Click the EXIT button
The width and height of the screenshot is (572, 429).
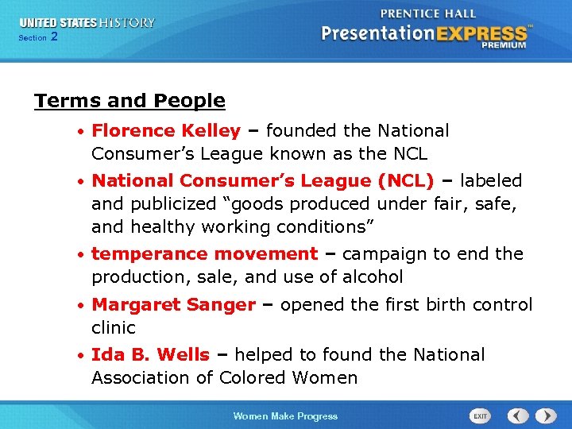[481, 415]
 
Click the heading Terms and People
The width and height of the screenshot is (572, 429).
[129, 101]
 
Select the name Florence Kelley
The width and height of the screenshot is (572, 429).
[166, 130]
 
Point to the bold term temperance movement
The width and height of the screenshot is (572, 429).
[204, 254]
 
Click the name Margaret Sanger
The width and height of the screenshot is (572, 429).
[173, 305]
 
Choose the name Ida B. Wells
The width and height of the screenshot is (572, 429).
[150, 355]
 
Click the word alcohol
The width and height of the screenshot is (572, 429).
[373, 277]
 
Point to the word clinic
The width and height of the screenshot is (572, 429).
[114, 327]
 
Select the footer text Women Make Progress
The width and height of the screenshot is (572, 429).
[285, 416]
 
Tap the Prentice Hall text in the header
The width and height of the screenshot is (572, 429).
[429, 13]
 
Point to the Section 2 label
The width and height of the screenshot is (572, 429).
[37, 37]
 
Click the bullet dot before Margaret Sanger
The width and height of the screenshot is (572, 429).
[83, 306]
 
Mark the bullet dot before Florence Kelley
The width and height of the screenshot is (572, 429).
[83, 131]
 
